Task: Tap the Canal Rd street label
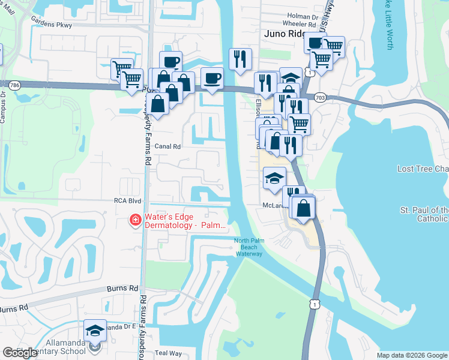tap(167, 146)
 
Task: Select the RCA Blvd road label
tap(128, 202)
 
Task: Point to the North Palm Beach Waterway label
tap(249, 247)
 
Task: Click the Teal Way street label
tap(169, 353)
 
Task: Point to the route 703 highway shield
tap(319, 96)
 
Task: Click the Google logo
tap(20, 353)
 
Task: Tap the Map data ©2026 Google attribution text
tap(412, 355)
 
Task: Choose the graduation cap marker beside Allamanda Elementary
tap(95, 331)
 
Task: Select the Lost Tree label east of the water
tap(423, 169)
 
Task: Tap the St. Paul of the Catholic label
tap(424, 215)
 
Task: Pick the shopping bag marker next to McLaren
tap(304, 208)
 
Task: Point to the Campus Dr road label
tap(3, 108)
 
